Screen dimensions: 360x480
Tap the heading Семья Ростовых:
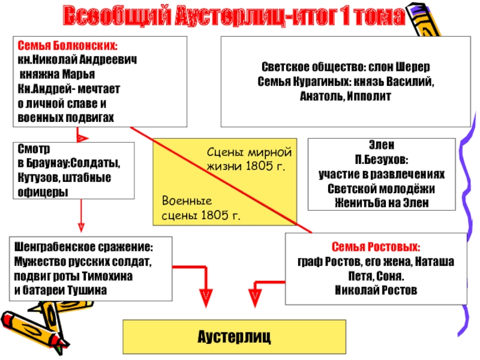pos(376,247)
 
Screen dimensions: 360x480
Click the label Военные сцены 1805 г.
pos(201,209)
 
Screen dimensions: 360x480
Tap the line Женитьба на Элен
pos(382,202)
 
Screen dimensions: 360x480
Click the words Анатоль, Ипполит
pos(345,96)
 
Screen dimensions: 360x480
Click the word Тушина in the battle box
pos(89,290)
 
